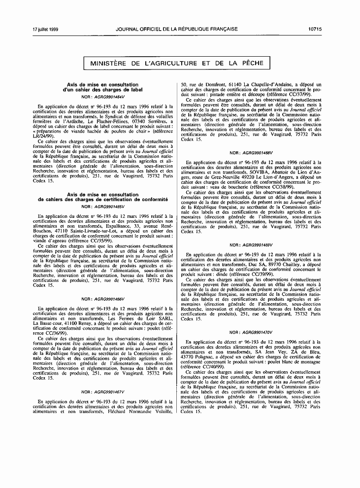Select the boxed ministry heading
click(177, 63)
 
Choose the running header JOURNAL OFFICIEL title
click(177, 29)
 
